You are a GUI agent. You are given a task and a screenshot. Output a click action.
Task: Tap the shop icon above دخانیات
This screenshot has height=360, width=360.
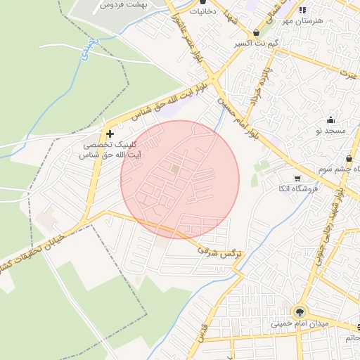[x=204, y=2]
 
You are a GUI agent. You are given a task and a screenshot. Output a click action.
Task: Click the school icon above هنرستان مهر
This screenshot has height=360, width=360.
[x=303, y=10]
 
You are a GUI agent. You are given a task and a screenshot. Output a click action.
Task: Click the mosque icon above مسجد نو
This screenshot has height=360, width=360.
[x=330, y=120]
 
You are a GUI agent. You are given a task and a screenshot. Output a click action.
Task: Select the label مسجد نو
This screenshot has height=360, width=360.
[x=330, y=131]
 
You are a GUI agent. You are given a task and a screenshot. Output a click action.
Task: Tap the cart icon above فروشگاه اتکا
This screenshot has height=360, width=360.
[x=297, y=178]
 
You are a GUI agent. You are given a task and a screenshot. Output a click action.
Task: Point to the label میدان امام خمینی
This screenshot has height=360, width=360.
[x=300, y=323]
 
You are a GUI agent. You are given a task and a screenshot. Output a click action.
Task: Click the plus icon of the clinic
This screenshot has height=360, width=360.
[x=110, y=133]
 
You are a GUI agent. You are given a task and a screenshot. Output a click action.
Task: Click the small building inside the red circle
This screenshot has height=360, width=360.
[x=175, y=169]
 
